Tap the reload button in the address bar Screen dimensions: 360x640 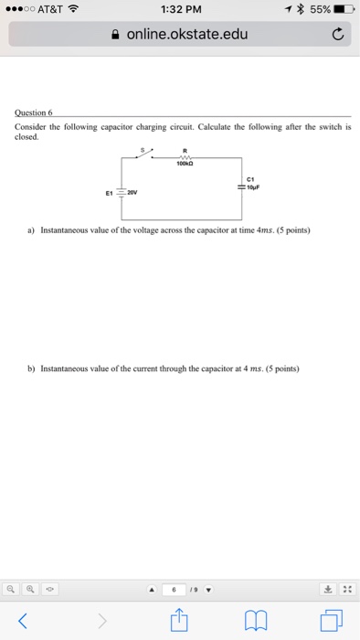point(337,36)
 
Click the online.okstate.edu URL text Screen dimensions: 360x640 point(187,36)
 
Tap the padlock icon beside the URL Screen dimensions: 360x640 point(114,36)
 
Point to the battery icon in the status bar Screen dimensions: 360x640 point(344,10)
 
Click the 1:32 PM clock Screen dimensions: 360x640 point(179,10)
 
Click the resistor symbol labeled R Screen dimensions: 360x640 point(185,156)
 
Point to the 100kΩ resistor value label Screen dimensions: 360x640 point(185,165)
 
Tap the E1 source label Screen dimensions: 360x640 point(109,193)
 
